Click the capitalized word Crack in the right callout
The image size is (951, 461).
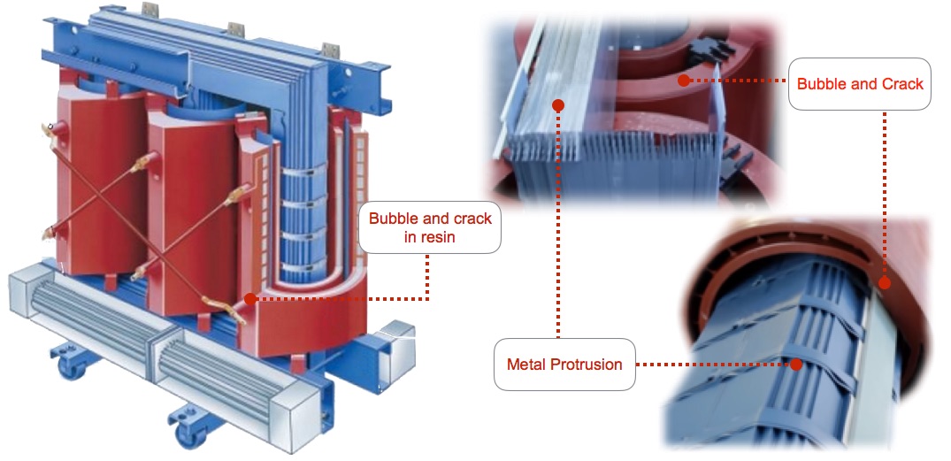[901, 84]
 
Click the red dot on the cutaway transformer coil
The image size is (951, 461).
[250, 299]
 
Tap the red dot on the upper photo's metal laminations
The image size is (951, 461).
[558, 105]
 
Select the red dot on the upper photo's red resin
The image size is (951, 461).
[682, 81]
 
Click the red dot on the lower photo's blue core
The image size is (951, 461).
[797, 364]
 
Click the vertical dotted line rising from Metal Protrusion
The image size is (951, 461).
[558, 221]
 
